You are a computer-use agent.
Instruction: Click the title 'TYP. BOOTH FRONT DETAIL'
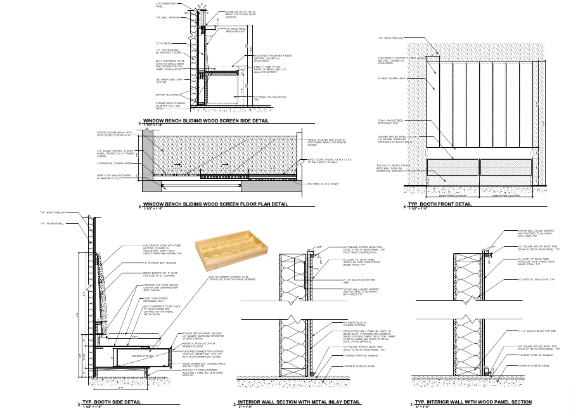tap(440, 204)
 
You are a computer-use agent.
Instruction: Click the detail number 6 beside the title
tap(139, 121)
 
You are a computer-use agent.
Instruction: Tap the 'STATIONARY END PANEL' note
tap(165, 5)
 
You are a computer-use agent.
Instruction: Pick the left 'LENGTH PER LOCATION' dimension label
tap(452, 195)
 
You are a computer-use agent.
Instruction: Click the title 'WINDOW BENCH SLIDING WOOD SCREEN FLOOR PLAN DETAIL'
tap(215, 205)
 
